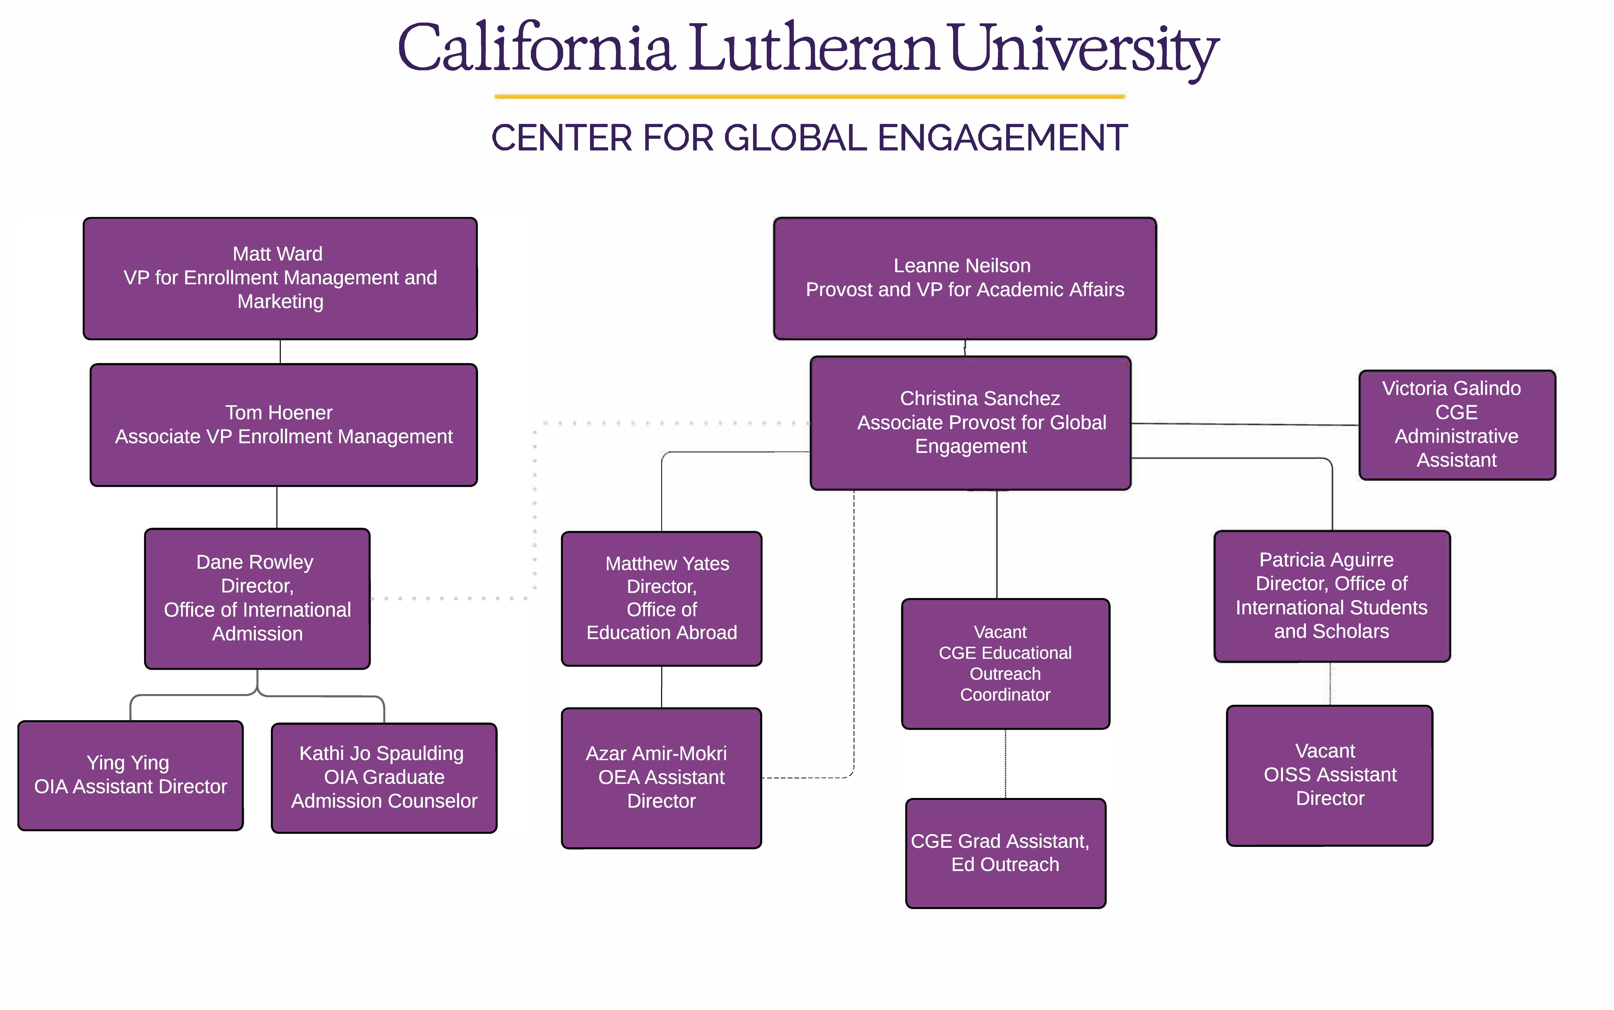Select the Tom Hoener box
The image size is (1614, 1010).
tap(284, 425)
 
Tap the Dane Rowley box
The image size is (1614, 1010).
tap(257, 598)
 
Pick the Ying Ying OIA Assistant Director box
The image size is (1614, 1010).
tap(130, 775)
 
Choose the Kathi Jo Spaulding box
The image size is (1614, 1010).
tap(384, 778)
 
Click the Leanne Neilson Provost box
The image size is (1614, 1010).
tap(965, 278)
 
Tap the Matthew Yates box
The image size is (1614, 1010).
tap(661, 598)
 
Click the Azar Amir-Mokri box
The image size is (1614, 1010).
tap(661, 778)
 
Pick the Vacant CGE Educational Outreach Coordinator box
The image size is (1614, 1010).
tap(1005, 663)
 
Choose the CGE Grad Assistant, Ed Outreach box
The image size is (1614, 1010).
tap(1005, 853)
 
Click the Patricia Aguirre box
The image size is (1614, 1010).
tap(1332, 596)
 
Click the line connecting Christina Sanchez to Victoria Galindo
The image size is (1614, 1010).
tap(1245, 424)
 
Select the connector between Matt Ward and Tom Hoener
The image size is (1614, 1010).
tap(280, 351)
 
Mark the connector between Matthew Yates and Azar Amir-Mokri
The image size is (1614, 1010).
tap(661, 687)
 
